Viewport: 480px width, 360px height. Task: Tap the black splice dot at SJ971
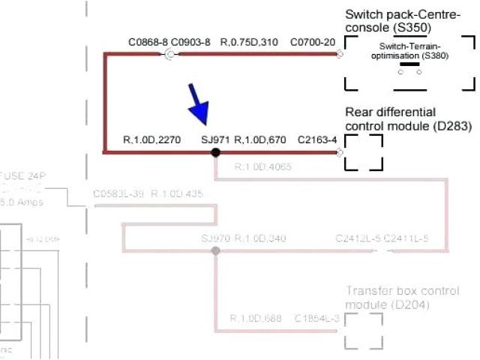click(215, 152)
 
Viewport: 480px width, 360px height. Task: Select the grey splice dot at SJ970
click(215, 251)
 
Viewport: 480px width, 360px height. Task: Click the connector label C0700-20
click(312, 42)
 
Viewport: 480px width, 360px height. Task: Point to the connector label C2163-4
click(317, 139)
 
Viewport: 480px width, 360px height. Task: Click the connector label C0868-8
click(148, 42)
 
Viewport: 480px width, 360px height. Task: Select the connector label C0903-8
click(190, 42)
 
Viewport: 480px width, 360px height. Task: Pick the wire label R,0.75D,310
click(249, 42)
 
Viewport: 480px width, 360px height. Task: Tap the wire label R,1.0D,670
click(260, 139)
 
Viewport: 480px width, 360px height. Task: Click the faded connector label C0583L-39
click(118, 194)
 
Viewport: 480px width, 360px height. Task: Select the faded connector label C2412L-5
click(358, 239)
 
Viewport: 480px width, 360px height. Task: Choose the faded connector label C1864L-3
click(318, 319)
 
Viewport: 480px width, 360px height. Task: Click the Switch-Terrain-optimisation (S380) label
click(409, 51)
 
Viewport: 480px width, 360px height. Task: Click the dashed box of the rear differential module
click(364, 152)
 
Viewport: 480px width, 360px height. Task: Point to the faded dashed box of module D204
click(364, 330)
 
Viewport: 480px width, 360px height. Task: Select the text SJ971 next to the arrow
click(216, 139)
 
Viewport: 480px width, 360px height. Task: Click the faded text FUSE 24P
click(22, 176)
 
